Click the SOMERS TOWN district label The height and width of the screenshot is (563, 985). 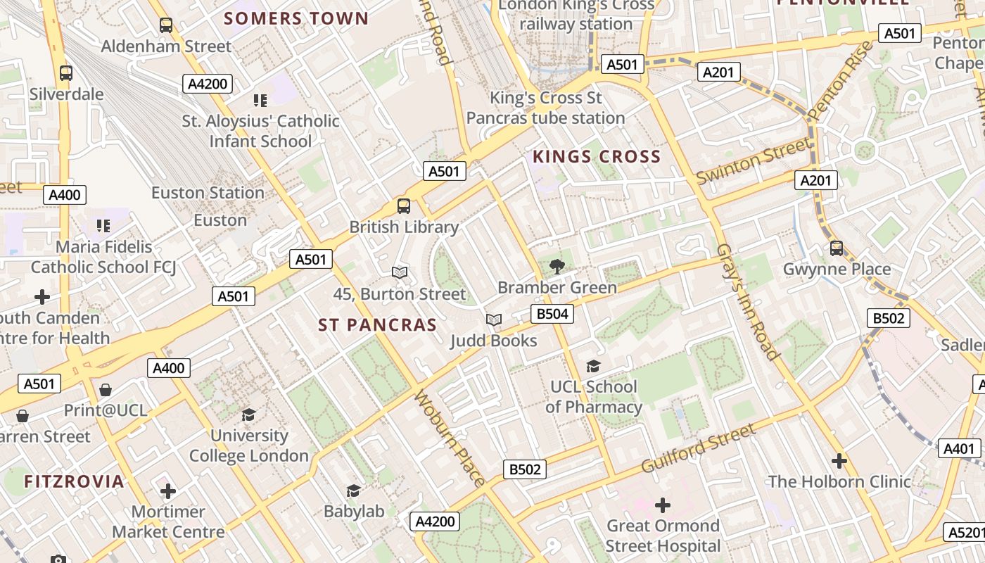296,18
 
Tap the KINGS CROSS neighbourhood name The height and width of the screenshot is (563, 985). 597,156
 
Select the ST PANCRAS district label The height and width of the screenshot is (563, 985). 377,324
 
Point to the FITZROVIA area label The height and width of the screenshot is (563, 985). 74,481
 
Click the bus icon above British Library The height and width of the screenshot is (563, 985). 403,205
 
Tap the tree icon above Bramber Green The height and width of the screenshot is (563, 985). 557,266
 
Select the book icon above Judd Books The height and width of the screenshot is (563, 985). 494,320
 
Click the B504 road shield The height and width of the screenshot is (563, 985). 552,314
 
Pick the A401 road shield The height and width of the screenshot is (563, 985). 959,448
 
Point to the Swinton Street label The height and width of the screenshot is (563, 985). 753,161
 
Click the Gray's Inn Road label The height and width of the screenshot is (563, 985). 747,302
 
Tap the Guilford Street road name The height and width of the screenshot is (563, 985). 698,448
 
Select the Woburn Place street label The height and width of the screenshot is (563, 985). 450,438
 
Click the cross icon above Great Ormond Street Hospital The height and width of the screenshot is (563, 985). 662,505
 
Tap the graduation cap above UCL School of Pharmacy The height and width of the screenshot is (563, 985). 593,366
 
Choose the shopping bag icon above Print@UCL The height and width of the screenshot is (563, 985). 106,389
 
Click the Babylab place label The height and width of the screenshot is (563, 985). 354,512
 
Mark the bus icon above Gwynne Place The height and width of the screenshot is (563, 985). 836,248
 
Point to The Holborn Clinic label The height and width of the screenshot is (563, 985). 839,482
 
